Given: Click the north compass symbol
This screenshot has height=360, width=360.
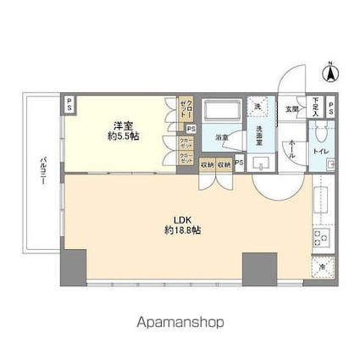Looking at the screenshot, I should tap(332, 74).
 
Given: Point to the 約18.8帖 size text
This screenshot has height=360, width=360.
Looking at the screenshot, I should tap(182, 230).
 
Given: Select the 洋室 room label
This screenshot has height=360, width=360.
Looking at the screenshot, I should tap(125, 123).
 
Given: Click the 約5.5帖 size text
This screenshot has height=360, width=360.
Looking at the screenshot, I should tap(125, 135).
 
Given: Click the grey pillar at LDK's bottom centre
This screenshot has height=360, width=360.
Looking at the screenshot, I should tap(254, 269).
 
